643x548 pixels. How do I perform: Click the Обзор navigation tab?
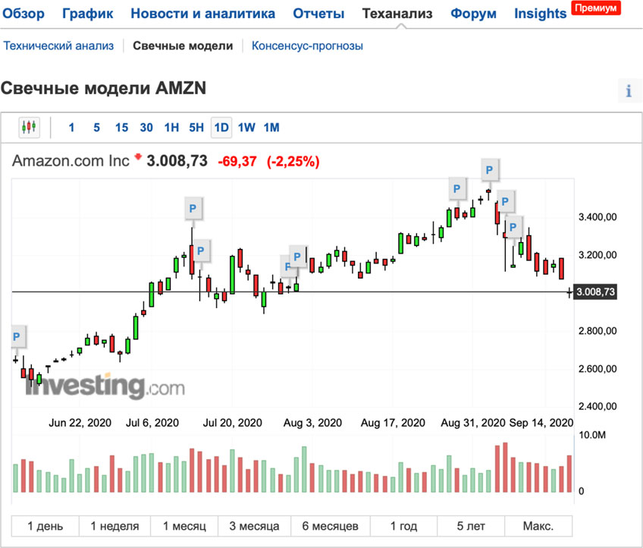pos(24,14)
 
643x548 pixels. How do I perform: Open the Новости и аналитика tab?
pos(202,14)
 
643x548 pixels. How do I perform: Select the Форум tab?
pos(473,14)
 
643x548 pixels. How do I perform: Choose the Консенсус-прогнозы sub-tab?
pos(307,46)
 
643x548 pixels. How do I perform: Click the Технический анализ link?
pos(58,46)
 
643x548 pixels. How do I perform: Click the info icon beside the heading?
pos(629,91)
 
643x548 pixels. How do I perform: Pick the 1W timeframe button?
pos(246,128)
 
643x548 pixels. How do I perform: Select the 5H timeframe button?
pos(196,128)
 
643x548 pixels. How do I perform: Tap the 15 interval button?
pos(121,128)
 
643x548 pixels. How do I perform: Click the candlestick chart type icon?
pos(29,128)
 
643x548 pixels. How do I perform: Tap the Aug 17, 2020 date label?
pos(392,422)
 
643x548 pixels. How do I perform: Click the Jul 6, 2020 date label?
pos(152,422)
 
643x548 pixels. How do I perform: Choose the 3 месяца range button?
pos(254,526)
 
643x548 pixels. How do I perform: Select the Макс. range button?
pos(538,526)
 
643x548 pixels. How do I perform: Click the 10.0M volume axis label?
pos(593,435)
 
